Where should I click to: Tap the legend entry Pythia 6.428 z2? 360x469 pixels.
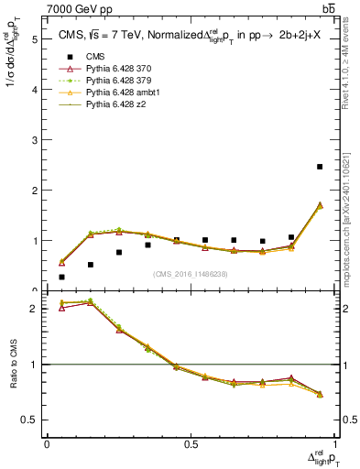coord(119,116)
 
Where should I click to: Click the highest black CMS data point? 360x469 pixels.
coord(320,167)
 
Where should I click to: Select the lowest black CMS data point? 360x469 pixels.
coord(61,277)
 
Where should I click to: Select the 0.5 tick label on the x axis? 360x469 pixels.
coord(191,443)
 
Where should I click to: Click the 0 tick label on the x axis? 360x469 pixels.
coord(48,443)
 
